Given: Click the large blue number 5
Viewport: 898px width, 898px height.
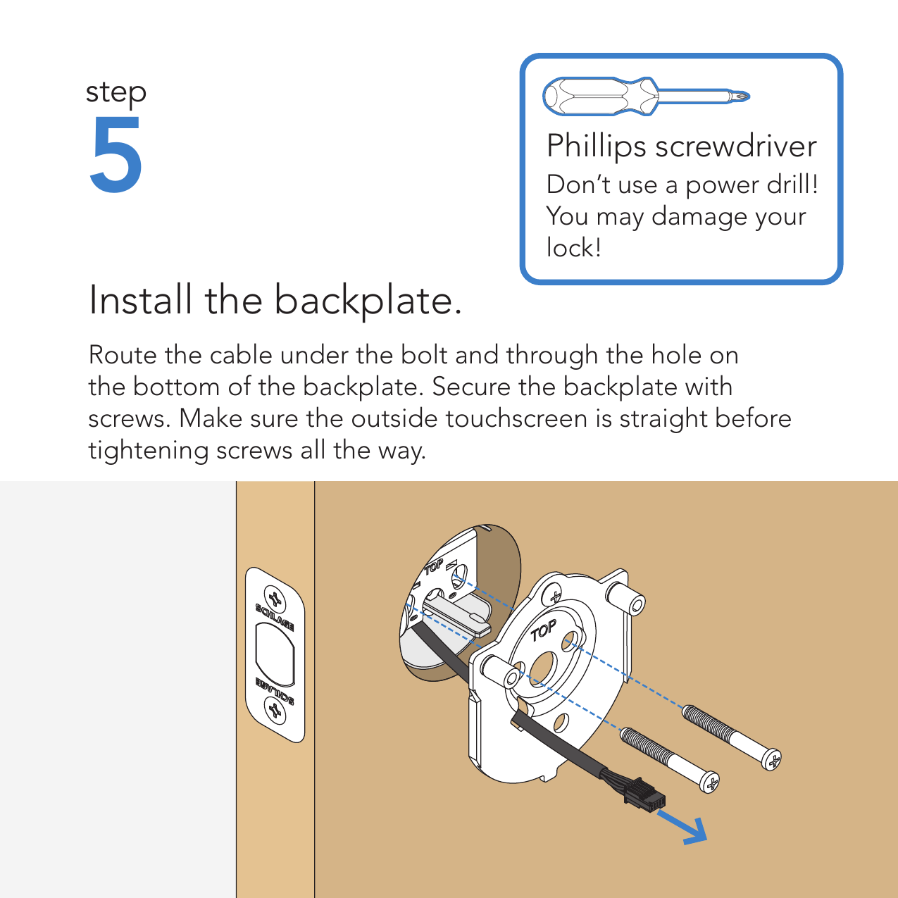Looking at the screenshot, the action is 116,154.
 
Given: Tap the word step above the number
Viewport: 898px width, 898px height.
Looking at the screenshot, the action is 116,93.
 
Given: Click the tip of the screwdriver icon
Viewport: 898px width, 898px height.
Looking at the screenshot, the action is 747,96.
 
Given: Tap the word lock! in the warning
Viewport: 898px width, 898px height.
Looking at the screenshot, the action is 573,247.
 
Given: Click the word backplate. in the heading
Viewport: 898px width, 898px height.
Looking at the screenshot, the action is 368,301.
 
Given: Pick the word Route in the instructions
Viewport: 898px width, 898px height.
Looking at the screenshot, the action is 123,355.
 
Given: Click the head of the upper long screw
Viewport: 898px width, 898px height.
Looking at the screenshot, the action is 771,760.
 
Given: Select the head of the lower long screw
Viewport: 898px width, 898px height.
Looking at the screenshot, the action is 709,782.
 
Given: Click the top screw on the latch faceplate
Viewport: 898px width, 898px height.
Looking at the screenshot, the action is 275,599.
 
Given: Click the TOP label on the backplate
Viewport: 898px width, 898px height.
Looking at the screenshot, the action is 543,630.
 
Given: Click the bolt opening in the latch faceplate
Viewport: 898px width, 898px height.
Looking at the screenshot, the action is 275,655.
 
